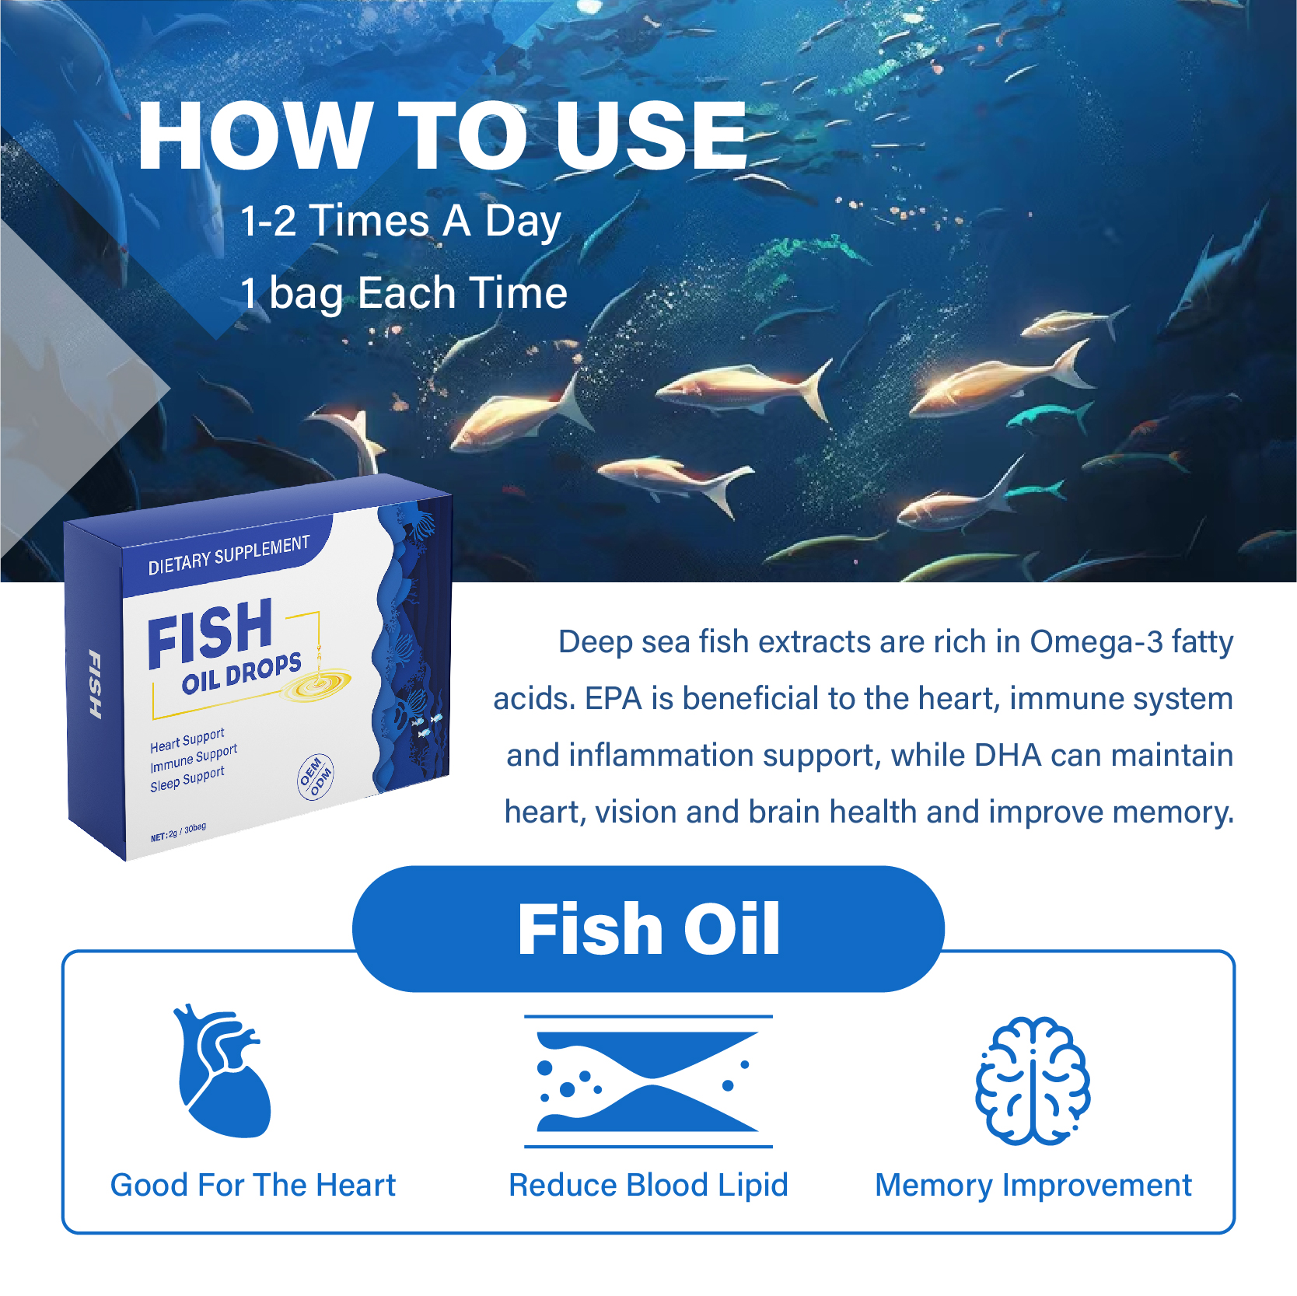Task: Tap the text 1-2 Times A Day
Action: click(x=400, y=221)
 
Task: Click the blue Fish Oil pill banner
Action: click(x=648, y=928)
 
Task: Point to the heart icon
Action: click(x=224, y=1073)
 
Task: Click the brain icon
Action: click(x=1033, y=1081)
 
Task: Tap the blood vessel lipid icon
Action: click(x=648, y=1081)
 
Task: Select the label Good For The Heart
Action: click(x=253, y=1186)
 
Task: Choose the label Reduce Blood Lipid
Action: click(x=648, y=1186)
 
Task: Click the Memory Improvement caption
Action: click(x=1033, y=1186)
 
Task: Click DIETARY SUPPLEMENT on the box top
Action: click(x=229, y=555)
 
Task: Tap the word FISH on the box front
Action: click(x=210, y=634)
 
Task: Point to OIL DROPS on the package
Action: click(x=241, y=673)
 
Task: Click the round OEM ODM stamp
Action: click(x=316, y=776)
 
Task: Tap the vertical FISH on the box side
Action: click(x=94, y=684)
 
